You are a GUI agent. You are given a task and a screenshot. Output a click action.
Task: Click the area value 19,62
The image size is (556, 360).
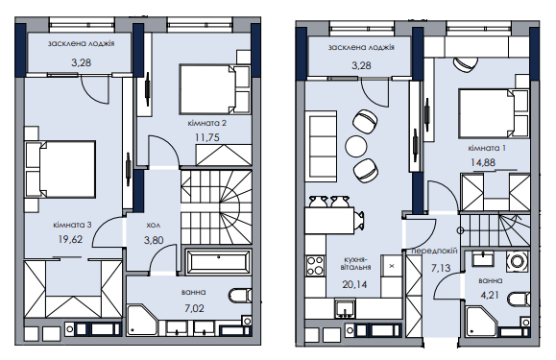click(x=70, y=239)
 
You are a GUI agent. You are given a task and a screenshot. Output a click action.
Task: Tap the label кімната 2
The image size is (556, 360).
click(x=207, y=123)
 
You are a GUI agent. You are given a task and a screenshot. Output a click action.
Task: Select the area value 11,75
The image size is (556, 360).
click(x=207, y=137)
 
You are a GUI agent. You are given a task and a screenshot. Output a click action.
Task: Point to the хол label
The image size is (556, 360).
click(x=154, y=225)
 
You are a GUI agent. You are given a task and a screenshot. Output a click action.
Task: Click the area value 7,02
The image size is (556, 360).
click(x=194, y=308)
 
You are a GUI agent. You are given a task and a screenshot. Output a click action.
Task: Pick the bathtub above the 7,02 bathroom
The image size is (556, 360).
click(x=218, y=261)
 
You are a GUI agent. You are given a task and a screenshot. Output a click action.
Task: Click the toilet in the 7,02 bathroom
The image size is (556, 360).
click(x=240, y=295)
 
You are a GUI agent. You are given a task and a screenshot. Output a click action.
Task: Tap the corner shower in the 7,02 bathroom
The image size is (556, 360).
click(x=142, y=320)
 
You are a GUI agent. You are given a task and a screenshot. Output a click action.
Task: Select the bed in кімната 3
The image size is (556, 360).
click(x=61, y=169)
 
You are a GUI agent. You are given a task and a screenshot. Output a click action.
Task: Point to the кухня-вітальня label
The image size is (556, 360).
click(x=355, y=263)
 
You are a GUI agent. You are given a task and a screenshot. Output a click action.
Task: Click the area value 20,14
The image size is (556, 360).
click(x=354, y=284)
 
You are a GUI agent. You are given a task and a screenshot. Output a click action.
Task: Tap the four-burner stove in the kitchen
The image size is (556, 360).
click(x=315, y=266)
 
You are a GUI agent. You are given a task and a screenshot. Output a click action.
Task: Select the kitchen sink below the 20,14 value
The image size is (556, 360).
click(x=345, y=307)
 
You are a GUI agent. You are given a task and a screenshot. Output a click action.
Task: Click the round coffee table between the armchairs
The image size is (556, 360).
click(x=356, y=146)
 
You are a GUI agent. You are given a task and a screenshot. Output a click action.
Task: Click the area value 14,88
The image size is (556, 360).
click(x=483, y=162)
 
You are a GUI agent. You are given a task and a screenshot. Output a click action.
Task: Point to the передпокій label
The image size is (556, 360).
click(x=434, y=251)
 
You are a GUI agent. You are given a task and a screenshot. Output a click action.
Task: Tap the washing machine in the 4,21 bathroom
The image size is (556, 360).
click(x=518, y=261)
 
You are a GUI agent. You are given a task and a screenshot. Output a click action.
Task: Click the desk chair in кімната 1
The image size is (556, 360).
click(x=465, y=64)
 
